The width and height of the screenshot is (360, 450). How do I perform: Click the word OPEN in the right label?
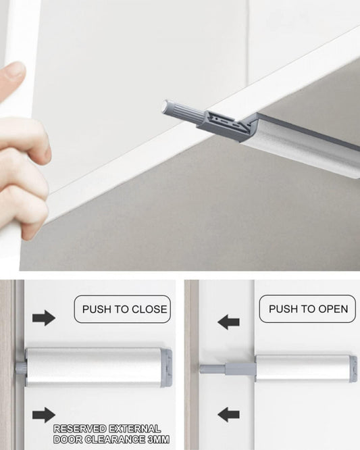334,309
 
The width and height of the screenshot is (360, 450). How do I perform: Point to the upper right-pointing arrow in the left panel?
44,318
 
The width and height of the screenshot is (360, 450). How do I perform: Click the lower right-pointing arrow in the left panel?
44,415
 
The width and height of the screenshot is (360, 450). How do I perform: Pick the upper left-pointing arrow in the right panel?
228,322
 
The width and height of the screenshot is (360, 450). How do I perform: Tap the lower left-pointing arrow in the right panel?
228,415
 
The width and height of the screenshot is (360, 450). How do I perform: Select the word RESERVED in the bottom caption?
80,429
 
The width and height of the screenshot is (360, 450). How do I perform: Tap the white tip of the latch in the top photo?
165,106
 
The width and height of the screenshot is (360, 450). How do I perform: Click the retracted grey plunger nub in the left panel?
21,368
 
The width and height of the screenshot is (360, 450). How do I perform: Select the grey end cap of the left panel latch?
166,368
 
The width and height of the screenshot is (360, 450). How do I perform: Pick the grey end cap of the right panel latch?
353,369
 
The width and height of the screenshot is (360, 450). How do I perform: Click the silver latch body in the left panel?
93,368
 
